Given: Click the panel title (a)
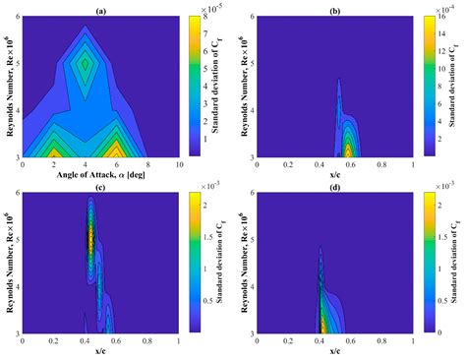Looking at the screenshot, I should click(103, 7).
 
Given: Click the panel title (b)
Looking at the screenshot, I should click(335, 7).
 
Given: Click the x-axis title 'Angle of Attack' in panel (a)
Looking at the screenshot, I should click(103, 174).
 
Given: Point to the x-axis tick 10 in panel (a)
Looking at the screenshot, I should click(178, 165).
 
